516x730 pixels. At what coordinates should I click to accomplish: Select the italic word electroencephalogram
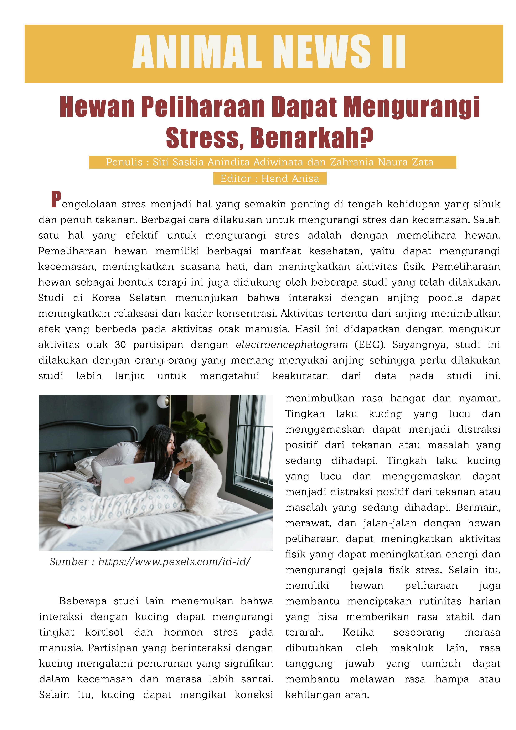click(292, 345)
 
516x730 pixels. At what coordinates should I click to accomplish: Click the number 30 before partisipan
click(120, 345)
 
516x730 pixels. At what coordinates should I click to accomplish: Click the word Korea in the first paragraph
click(106, 298)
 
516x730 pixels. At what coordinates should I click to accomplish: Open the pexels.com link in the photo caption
click(174, 562)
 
